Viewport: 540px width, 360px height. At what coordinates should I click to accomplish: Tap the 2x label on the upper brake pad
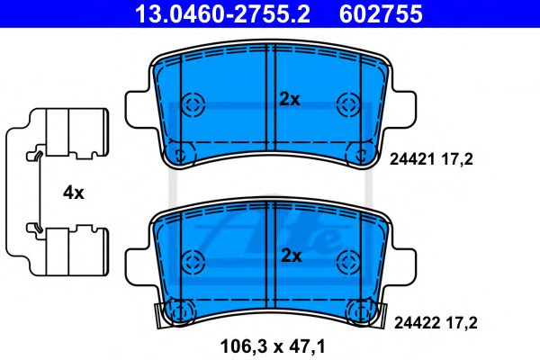pyautogui.click(x=289, y=100)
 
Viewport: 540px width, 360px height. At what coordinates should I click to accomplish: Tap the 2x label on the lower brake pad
pyautogui.click(x=289, y=256)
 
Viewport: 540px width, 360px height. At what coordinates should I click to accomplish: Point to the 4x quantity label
pyautogui.click(x=74, y=192)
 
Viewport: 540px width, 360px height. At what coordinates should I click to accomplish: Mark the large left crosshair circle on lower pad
pyautogui.click(x=191, y=262)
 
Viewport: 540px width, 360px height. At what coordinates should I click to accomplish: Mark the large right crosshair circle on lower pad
pyautogui.click(x=347, y=262)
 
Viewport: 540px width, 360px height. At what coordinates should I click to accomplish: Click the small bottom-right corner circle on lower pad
pyautogui.click(x=364, y=311)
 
